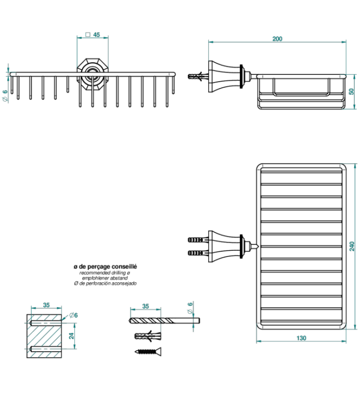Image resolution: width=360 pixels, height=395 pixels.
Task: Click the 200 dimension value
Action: (x=277, y=38)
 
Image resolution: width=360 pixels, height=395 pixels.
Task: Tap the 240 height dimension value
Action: (x=352, y=247)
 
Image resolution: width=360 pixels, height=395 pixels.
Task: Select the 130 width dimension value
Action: (x=301, y=338)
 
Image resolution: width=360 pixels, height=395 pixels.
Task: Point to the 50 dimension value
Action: (x=351, y=91)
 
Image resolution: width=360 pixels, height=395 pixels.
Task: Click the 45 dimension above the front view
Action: (x=96, y=35)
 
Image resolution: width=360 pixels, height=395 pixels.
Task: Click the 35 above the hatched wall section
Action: (x=46, y=305)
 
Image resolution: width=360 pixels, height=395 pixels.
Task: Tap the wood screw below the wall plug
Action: (x=149, y=351)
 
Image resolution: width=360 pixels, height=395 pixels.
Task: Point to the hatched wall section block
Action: (x=44, y=335)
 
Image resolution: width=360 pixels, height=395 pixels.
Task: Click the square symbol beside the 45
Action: (x=87, y=35)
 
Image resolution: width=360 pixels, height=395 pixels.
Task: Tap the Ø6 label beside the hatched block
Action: (x=73, y=315)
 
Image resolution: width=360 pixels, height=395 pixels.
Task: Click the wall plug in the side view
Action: (x=198, y=76)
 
